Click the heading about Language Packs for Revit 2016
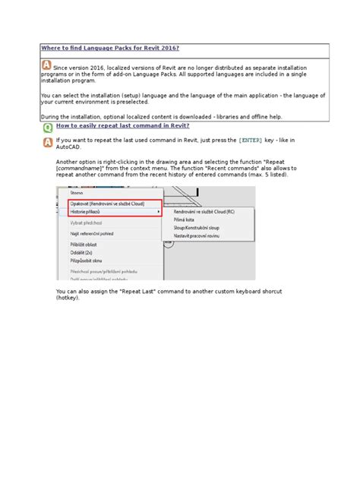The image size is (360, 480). [110, 48]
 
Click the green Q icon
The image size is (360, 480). [47, 128]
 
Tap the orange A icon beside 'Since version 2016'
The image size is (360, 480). [46, 66]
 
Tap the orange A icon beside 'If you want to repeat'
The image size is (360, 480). [47, 141]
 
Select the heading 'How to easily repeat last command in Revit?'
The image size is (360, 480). [122, 125]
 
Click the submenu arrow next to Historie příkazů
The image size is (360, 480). [158, 212]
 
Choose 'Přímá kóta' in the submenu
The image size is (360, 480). [185, 220]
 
